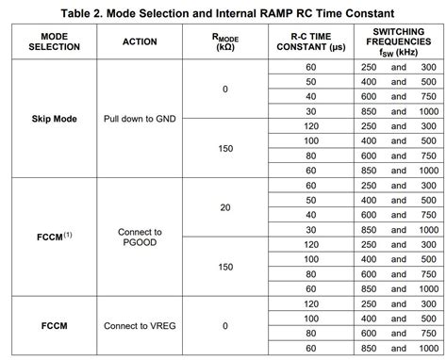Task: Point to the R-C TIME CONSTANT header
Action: pyautogui.click(x=310, y=42)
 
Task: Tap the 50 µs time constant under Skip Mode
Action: pyautogui.click(x=310, y=81)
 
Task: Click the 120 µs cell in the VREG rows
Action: pyautogui.click(x=310, y=303)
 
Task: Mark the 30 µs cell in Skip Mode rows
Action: pyautogui.click(x=310, y=110)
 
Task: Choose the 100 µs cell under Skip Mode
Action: pyautogui.click(x=310, y=140)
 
